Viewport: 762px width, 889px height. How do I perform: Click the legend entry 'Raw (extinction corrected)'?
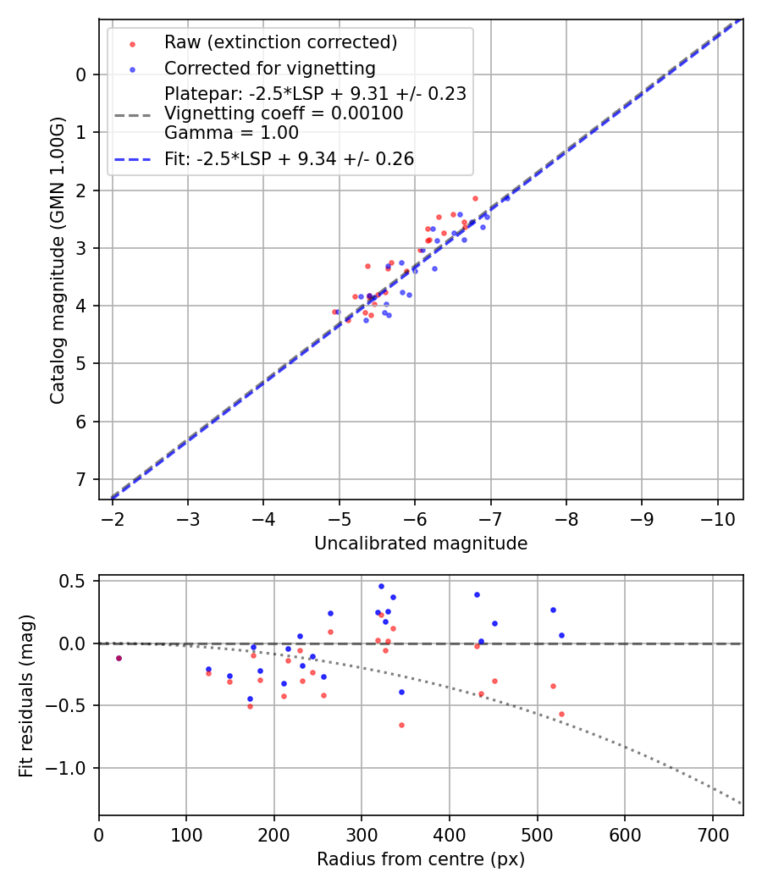pyautogui.click(x=280, y=41)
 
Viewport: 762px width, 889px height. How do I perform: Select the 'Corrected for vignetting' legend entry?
pyautogui.click(x=269, y=68)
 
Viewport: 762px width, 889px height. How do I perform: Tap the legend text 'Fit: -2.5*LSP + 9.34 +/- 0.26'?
pyautogui.click(x=289, y=159)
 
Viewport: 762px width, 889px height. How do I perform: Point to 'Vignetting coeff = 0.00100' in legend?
pyautogui.click(x=284, y=113)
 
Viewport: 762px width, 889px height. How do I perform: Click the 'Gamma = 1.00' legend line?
pyautogui.click(x=231, y=132)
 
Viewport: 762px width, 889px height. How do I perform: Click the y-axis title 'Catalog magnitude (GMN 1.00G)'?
pyautogui.click(x=57, y=260)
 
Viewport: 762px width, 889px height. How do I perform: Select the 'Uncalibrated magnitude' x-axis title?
pyautogui.click(x=421, y=544)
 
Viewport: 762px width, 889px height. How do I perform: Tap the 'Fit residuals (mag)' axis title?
pyautogui.click(x=25, y=696)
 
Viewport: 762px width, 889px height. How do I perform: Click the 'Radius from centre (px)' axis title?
pyautogui.click(x=421, y=859)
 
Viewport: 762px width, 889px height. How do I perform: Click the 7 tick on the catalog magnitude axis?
pyautogui.click(x=81, y=480)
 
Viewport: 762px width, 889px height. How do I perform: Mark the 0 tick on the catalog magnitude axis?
pyautogui.click(x=81, y=75)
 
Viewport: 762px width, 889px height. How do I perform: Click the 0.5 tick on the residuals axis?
pyautogui.click(x=76, y=581)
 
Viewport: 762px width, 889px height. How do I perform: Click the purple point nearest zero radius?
pyautogui.click(x=119, y=658)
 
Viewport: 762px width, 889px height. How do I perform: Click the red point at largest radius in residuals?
pyautogui.click(x=561, y=714)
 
